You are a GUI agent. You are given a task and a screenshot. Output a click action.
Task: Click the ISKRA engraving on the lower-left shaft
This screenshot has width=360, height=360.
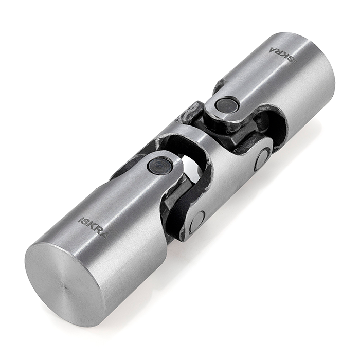(93, 228)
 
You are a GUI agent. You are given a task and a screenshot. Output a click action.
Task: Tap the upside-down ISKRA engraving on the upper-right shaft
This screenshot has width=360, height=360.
(283, 53)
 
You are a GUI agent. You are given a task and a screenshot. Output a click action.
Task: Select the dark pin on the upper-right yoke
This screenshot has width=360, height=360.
(226, 104)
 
